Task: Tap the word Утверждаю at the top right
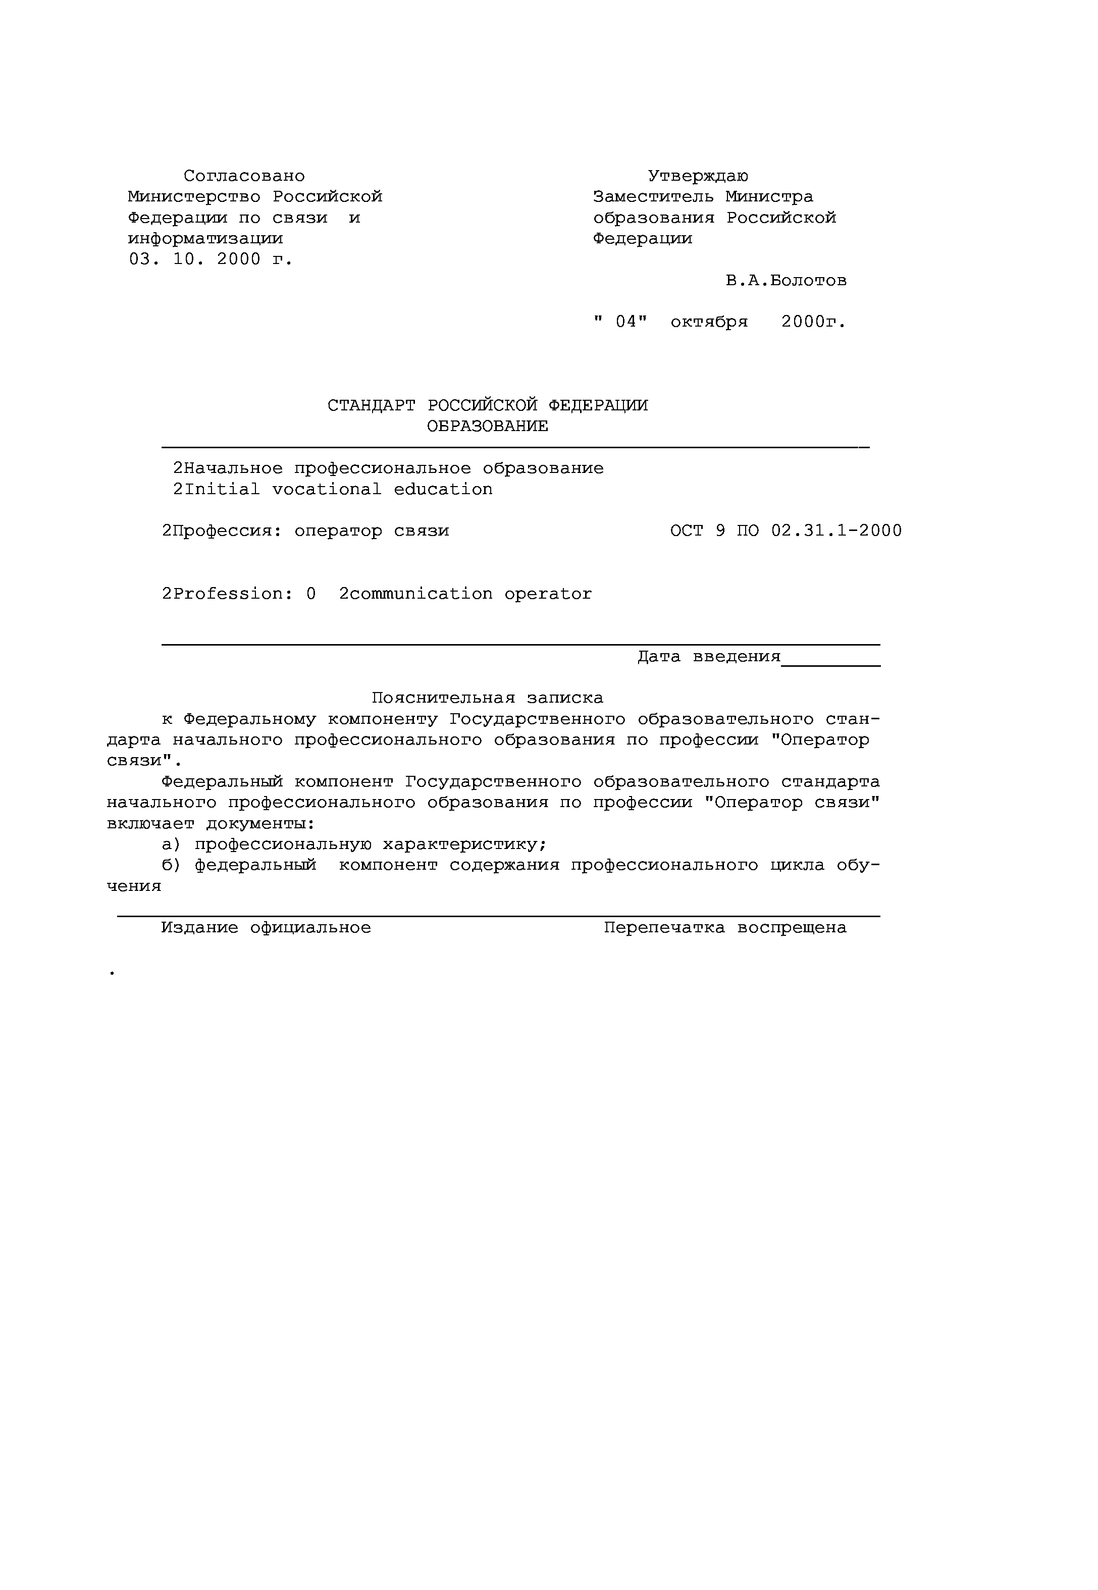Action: pyautogui.click(x=698, y=177)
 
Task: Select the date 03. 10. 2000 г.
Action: pyautogui.click(x=211, y=260)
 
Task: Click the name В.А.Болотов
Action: pyautogui.click(x=786, y=281)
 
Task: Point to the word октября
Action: pyautogui.click(x=709, y=323)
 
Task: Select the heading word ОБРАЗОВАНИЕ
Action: pyautogui.click(x=487, y=427)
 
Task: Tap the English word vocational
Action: pyautogui.click(x=326, y=490)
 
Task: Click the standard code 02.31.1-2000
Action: pyautogui.click(x=836, y=531)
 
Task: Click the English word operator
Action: pyautogui.click(x=548, y=594)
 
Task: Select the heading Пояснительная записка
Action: pyautogui.click(x=487, y=698)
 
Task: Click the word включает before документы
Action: pyautogui.click(x=150, y=824)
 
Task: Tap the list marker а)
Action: pyautogui.click(x=170, y=844)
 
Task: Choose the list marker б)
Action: pyautogui.click(x=170, y=865)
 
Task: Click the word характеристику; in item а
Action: pyautogui.click(x=464, y=844)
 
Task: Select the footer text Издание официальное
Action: pyautogui.click(x=266, y=928)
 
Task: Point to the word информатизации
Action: pyautogui.click(x=205, y=239)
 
